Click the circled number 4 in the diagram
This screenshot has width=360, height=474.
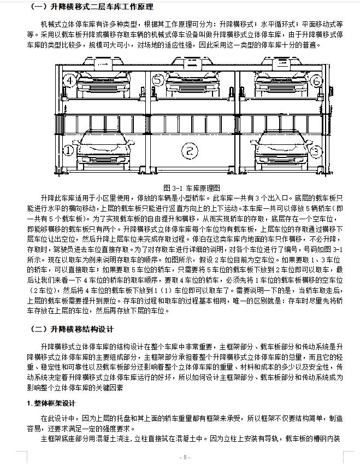(69, 81)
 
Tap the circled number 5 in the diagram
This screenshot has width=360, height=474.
(158, 81)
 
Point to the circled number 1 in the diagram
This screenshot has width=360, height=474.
(68, 150)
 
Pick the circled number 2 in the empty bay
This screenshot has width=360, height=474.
(190, 150)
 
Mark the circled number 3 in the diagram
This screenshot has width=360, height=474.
(314, 149)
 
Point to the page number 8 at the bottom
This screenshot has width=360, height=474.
(185, 457)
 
